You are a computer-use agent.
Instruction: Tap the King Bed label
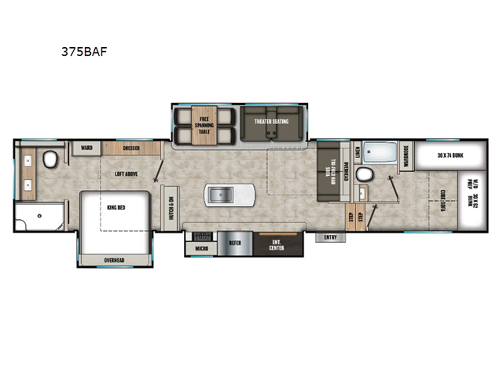point(116,207)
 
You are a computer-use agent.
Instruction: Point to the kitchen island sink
point(221,193)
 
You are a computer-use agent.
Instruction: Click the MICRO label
point(201,249)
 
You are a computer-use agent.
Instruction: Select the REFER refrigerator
point(235,244)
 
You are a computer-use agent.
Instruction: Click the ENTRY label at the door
point(329,236)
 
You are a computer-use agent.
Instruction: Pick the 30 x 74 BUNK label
point(450,156)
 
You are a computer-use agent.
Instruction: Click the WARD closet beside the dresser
point(83,146)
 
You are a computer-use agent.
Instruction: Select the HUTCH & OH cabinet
point(169,208)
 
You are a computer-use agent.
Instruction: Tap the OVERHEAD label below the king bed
point(115,260)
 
